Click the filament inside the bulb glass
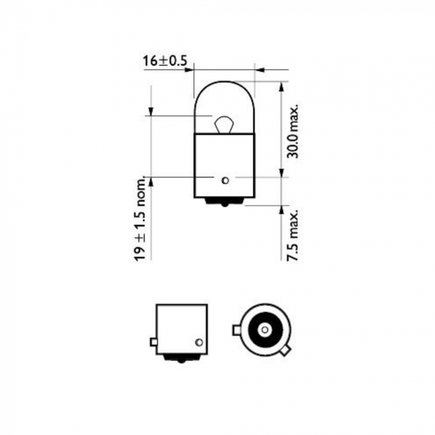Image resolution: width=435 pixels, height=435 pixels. (x=224, y=125)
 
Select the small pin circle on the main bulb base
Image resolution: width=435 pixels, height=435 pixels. (x=225, y=181)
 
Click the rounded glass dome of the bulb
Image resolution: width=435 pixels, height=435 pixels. (x=224, y=99)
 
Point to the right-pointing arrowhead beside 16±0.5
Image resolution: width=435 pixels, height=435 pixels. (x=189, y=70)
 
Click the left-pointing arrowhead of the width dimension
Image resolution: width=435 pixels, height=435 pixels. (x=260, y=70)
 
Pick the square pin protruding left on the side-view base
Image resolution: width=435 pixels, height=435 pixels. (x=153, y=342)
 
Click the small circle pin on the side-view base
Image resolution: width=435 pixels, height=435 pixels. (x=199, y=342)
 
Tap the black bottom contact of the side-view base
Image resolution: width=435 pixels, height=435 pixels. (x=181, y=358)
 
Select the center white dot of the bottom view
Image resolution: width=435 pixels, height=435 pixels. (x=263, y=329)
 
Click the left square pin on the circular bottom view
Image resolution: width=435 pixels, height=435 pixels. (x=236, y=330)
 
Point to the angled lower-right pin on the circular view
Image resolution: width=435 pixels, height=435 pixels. (x=284, y=351)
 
